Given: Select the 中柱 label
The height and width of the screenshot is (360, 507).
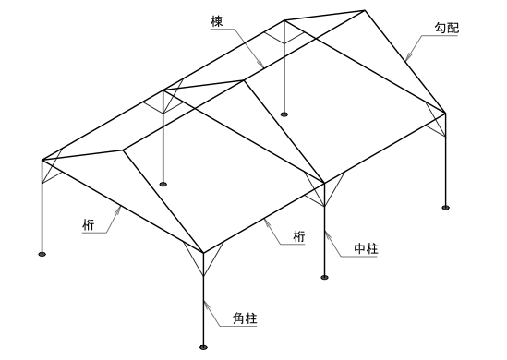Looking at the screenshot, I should [x=367, y=249].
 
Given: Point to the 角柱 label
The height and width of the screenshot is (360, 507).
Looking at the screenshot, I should [x=244, y=319].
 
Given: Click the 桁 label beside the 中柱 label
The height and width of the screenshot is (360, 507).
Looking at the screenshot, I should [x=298, y=236].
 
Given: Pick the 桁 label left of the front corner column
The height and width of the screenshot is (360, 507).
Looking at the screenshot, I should [x=87, y=224].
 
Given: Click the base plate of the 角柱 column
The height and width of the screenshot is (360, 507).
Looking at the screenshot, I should [x=204, y=348].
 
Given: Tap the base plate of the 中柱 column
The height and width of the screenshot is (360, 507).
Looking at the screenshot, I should [x=325, y=275].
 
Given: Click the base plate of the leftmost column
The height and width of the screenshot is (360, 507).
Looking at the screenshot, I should [x=42, y=253].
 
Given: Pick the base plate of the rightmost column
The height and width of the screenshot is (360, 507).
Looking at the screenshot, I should [x=446, y=207].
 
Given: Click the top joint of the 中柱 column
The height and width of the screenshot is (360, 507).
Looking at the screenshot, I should [x=325, y=181].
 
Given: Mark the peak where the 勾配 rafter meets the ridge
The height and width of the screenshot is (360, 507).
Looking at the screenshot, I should [x=365, y=10].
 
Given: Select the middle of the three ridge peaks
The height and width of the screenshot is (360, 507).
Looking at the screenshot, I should [x=244, y=79].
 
